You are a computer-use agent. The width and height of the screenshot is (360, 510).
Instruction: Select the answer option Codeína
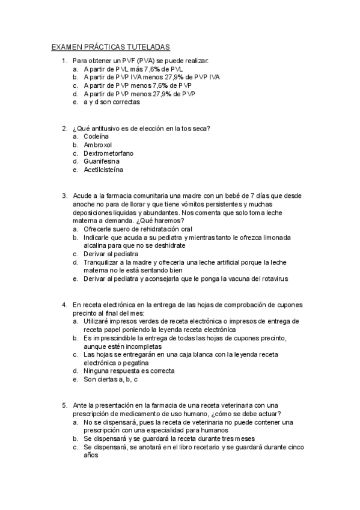click(x=97, y=137)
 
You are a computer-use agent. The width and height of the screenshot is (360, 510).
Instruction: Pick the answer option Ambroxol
click(x=98, y=145)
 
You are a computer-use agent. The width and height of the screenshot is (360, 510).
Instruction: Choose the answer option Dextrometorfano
click(x=109, y=153)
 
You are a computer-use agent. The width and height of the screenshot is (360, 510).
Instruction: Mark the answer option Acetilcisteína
click(x=103, y=170)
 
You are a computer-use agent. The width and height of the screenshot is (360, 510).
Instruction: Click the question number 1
click(x=64, y=61)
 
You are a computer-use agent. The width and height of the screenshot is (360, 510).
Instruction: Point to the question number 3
click(x=64, y=195)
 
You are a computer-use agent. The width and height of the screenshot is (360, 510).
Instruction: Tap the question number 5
click(x=64, y=405)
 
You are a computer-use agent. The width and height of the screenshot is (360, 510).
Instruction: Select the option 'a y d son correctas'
click(x=112, y=102)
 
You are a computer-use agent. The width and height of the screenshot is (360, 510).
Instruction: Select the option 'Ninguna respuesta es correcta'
click(x=129, y=371)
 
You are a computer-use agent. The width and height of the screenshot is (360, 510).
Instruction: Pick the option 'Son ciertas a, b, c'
click(x=111, y=379)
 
